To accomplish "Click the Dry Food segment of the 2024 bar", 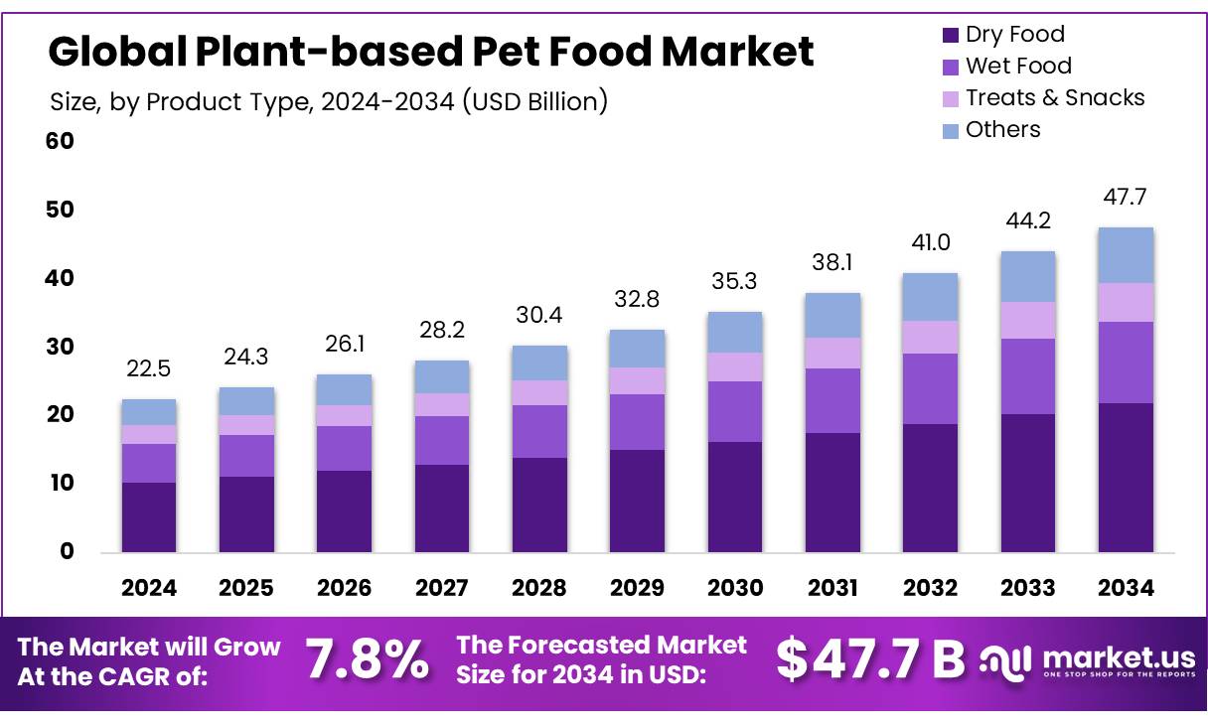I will coord(148,516).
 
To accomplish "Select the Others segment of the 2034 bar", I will coord(1126,255).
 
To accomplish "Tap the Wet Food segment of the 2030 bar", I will coord(734,411).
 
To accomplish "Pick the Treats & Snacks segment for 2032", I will coord(930,337).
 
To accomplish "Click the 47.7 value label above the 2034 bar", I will coord(1126,197).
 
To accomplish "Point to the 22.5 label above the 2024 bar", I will coord(148,368).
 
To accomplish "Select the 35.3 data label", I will coord(734,281).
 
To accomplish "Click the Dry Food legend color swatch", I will coord(951,36).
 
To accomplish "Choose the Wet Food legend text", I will coord(1018,67).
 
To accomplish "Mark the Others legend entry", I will coord(1002,129).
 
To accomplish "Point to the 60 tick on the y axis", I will coord(60,141).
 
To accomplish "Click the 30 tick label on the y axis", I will coord(60,347).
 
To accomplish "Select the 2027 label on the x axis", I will coord(441,588).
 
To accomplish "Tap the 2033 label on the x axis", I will coord(1028,588).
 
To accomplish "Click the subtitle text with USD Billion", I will coord(328,101).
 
